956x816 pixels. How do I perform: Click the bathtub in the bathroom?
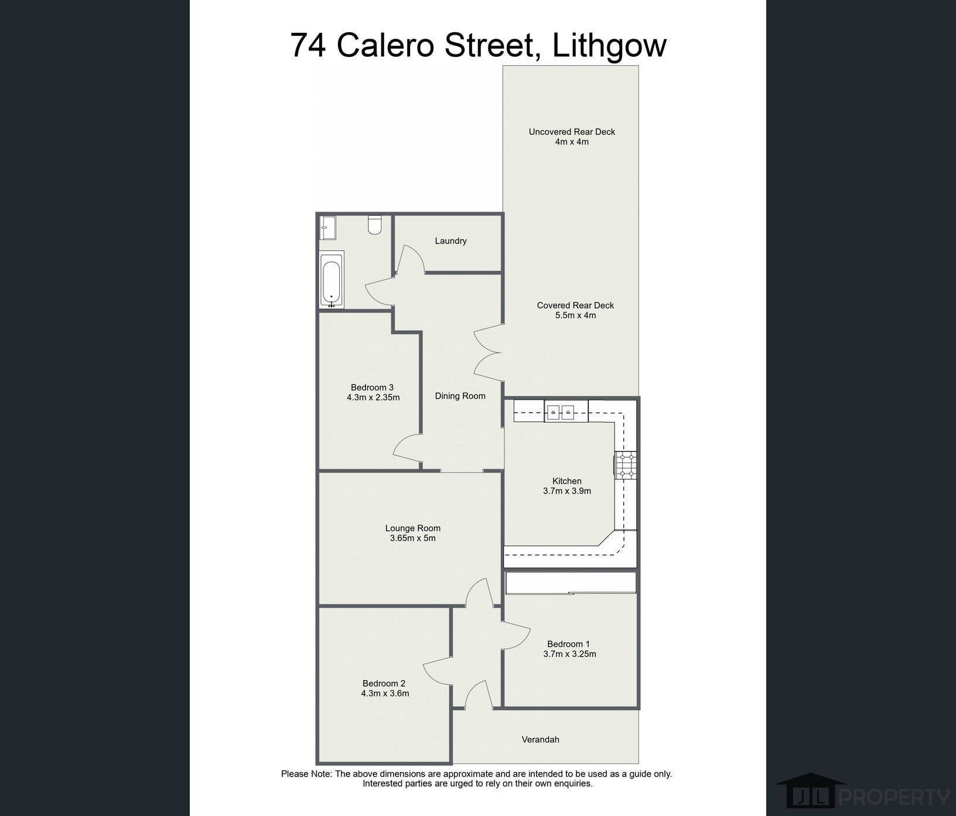click(x=332, y=279)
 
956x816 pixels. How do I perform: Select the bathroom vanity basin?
click(x=328, y=227)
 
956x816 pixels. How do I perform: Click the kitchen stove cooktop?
click(x=626, y=465)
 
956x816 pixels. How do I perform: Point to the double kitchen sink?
click(x=559, y=412)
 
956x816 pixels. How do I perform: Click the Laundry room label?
click(x=450, y=241)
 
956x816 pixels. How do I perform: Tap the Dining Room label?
click(x=460, y=396)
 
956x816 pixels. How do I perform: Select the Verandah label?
click(x=540, y=740)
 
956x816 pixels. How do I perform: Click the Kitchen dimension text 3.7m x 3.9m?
click(x=567, y=491)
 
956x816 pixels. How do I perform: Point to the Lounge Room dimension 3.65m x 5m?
click(x=413, y=538)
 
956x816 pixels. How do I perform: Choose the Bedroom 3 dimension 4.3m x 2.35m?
click(x=373, y=397)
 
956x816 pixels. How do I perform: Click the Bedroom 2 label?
click(x=384, y=684)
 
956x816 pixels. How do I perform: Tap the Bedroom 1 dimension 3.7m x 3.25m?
click(x=569, y=654)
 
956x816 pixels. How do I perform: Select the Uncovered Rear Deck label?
click(x=572, y=132)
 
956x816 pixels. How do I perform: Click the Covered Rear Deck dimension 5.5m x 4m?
click(x=575, y=315)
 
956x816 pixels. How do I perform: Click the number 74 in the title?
click(x=308, y=46)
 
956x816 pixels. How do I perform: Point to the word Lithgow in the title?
click(x=609, y=46)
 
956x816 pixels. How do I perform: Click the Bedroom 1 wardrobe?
click(x=571, y=583)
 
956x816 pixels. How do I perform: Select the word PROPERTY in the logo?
click(x=894, y=797)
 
